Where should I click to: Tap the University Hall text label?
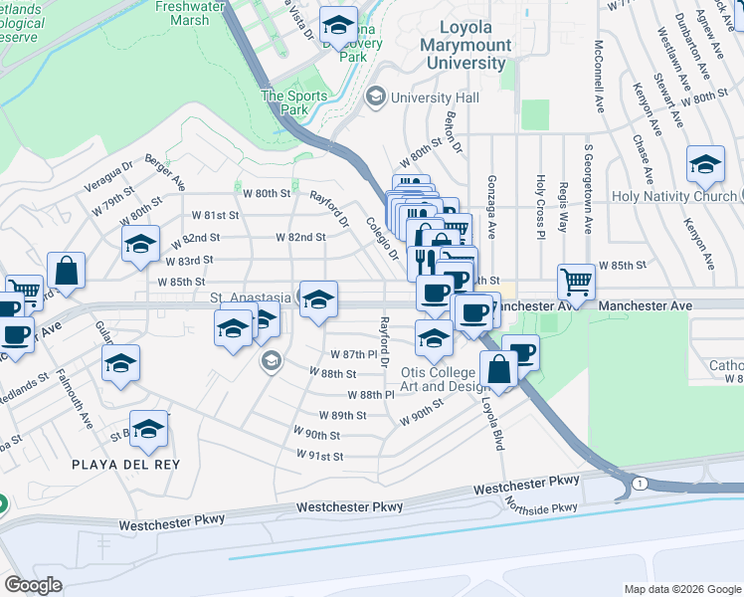[435, 98]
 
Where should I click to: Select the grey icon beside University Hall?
[375, 97]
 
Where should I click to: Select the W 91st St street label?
[319, 456]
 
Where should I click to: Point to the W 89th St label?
[343, 415]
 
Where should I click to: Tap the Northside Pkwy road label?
[537, 509]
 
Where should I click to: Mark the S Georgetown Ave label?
[588, 190]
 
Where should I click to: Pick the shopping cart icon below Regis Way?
[576, 282]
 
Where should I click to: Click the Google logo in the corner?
[33, 585]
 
